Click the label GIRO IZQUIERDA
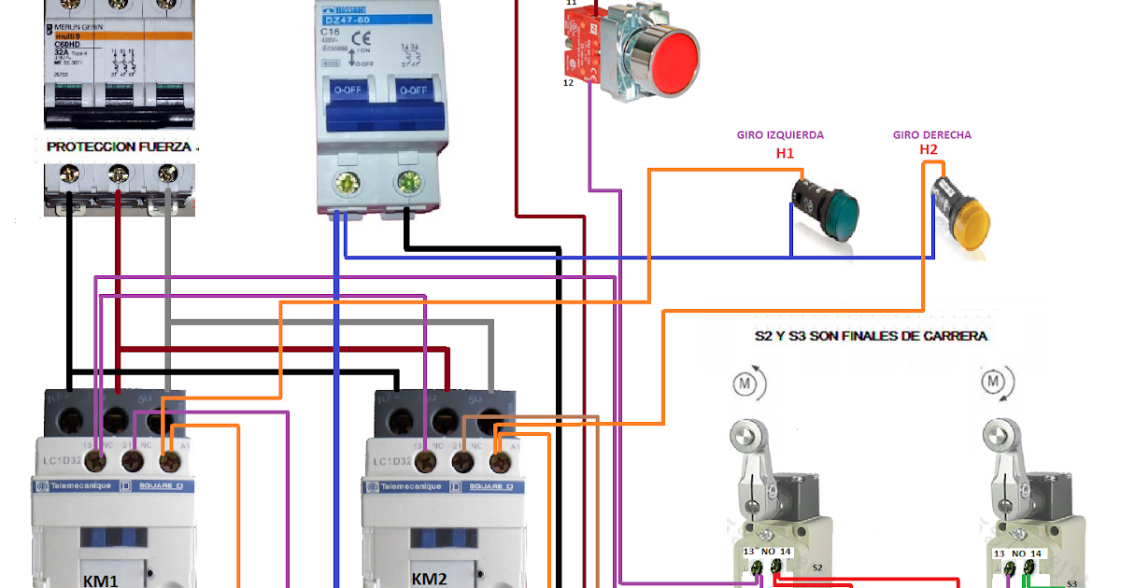(780, 134)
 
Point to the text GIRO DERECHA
(931, 134)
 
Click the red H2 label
(928, 150)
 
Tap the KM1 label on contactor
(100, 580)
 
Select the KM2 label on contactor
(431, 578)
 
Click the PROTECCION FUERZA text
(119, 147)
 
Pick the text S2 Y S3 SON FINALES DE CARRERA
(871, 336)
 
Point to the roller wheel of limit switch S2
(745, 435)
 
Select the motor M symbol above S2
(745, 383)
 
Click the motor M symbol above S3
(993, 381)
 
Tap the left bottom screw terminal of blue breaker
(348, 183)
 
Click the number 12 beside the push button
(568, 83)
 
